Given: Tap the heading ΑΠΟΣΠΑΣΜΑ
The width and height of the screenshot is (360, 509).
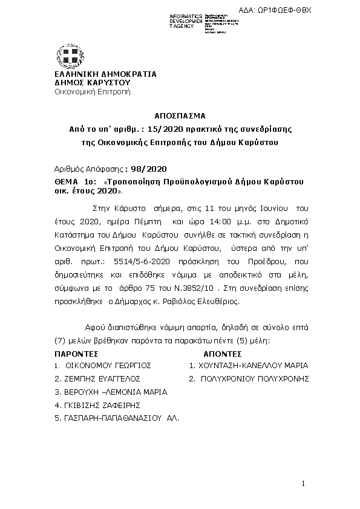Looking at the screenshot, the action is (x=180, y=115).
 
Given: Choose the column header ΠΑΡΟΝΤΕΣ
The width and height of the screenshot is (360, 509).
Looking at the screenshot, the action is (x=77, y=354).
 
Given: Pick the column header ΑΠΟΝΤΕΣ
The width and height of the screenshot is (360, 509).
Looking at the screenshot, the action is (x=223, y=354).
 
